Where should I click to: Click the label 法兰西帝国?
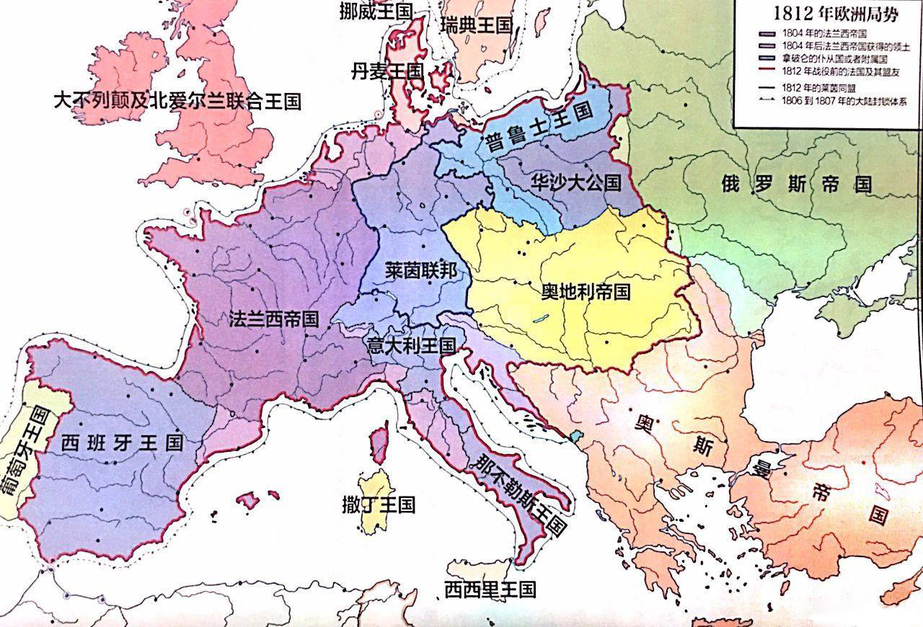coord(274,319)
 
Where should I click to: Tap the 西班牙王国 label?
coord(122,443)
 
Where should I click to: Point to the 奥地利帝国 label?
coord(586,291)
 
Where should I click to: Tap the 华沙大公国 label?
coord(575,182)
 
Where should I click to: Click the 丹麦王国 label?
coord(387,71)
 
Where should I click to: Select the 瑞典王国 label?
coord(476,26)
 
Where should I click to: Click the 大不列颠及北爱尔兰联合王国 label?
coord(177,100)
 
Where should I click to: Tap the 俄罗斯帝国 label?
coord(796,184)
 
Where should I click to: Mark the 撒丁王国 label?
coord(379,504)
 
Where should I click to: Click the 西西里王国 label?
coord(490,590)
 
